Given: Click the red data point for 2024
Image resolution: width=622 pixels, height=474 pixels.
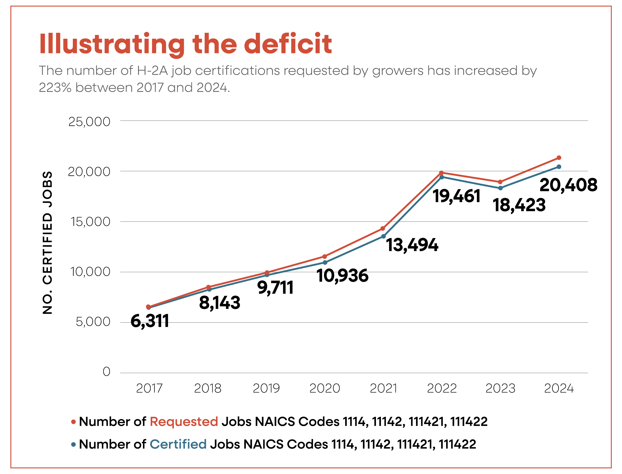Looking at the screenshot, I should point(559,158).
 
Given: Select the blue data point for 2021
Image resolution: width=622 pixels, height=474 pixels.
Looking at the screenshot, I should point(383,236).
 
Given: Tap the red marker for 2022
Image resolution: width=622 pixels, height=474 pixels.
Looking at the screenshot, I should point(442,173).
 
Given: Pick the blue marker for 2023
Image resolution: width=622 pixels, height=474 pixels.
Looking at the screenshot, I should point(500,188).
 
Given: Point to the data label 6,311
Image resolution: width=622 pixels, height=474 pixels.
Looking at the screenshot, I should point(150,321).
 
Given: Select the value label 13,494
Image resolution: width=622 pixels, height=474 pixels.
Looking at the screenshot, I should point(412,245).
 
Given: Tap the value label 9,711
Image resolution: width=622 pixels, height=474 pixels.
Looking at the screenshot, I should point(275,288).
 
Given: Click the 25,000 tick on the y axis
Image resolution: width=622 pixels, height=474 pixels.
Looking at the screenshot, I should point(89,122).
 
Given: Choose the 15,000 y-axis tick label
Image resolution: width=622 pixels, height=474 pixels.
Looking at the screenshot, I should point(90,222).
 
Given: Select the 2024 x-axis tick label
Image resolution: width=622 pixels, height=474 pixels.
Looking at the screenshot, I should point(559,388).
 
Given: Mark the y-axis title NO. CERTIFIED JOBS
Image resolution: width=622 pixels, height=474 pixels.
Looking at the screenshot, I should point(47,243).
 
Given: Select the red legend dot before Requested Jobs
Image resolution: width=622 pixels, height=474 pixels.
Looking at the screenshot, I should point(73,422).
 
